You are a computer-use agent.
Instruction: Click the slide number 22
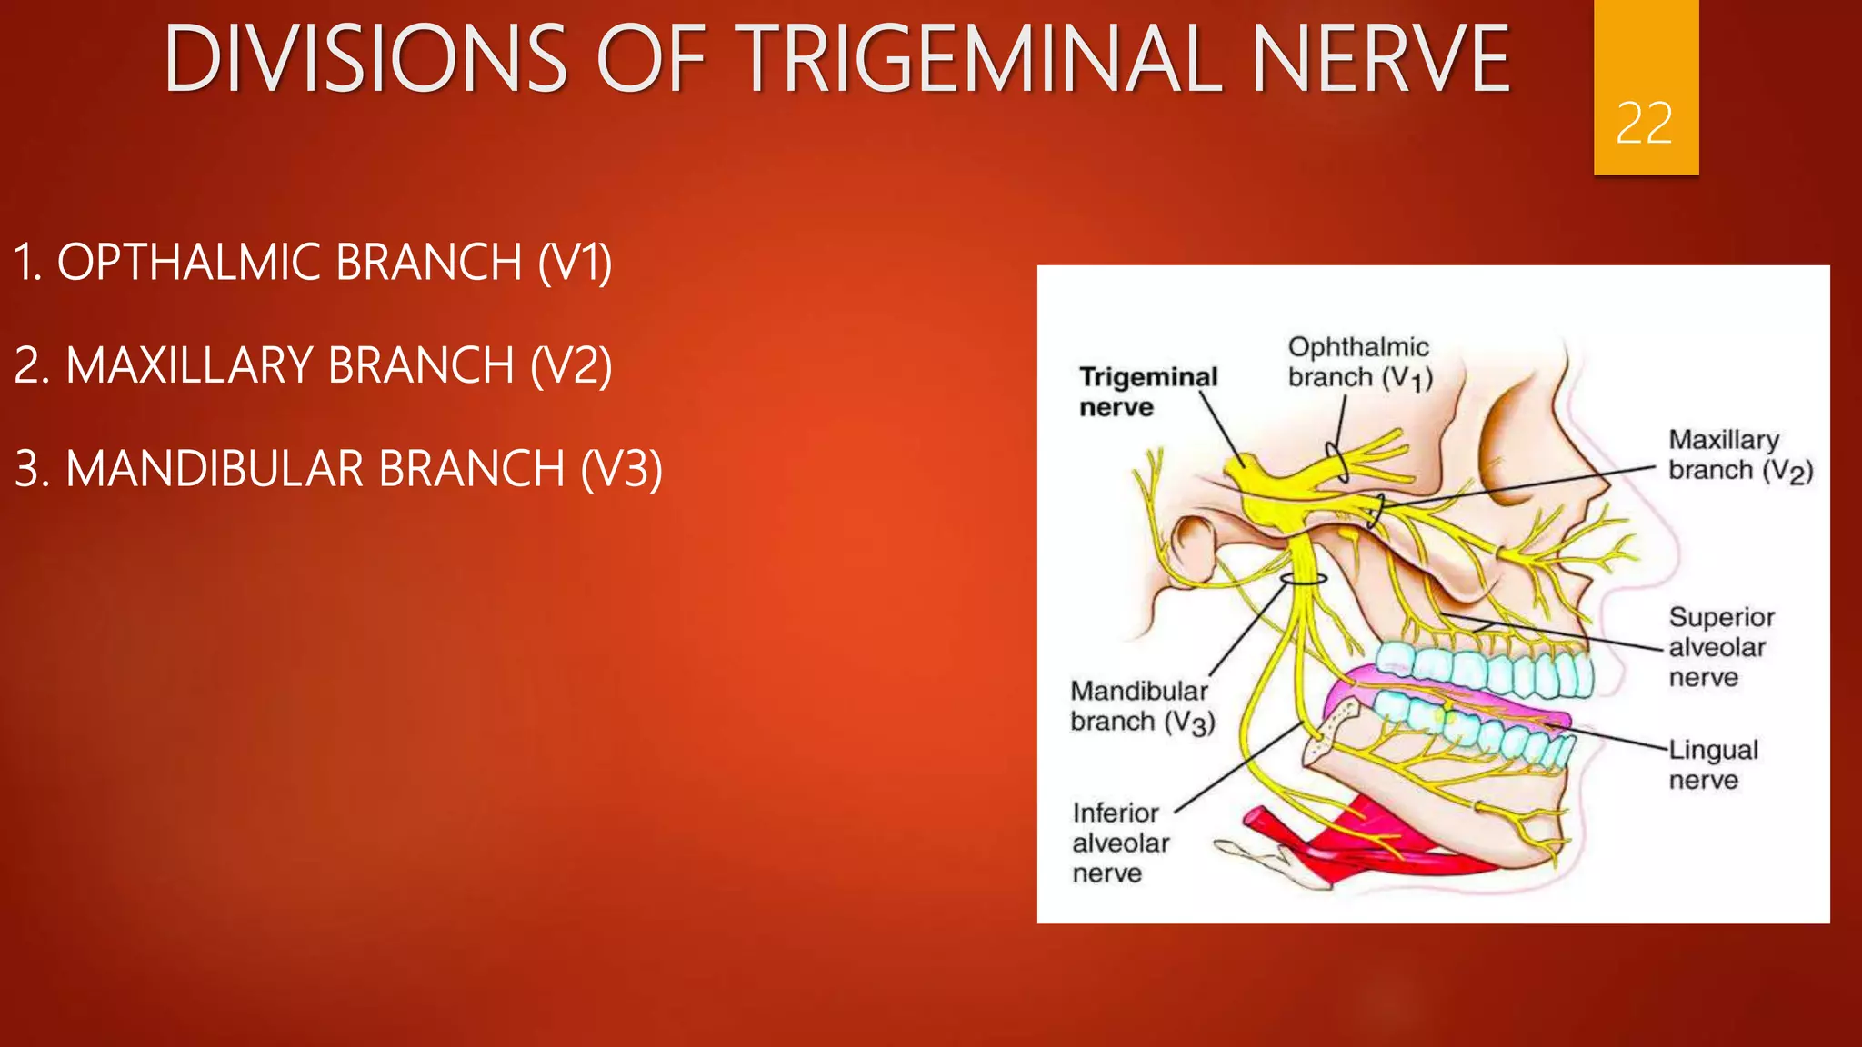[x=1644, y=123]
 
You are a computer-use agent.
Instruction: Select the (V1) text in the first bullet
[x=575, y=263]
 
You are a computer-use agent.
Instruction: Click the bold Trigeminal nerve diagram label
[x=1147, y=392]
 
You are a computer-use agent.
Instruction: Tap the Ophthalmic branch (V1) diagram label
[x=1359, y=362]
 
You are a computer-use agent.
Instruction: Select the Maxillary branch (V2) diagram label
[x=1739, y=454]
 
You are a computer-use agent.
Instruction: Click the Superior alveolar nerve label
[x=1720, y=647]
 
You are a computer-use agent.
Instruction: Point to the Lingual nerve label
[x=1712, y=764]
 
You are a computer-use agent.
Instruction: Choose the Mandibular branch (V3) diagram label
[x=1141, y=706]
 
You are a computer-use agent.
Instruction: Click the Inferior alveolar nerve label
[x=1120, y=843]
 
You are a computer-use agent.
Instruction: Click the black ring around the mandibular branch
[x=1304, y=579]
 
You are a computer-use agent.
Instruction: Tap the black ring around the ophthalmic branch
[x=1337, y=462]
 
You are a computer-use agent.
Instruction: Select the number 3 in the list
[x=28, y=469]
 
